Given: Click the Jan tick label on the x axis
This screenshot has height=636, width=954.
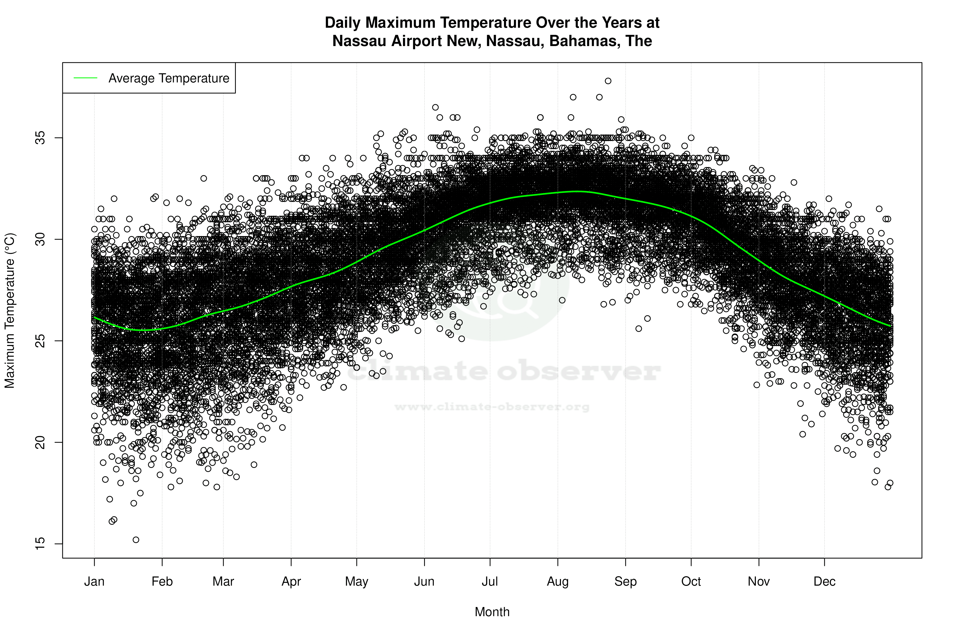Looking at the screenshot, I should coord(94,582).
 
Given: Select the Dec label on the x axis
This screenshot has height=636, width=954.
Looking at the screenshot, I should coord(824,582).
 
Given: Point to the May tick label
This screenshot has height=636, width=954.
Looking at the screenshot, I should coord(356,582).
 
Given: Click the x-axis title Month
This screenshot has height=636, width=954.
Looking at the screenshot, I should coord(492,612).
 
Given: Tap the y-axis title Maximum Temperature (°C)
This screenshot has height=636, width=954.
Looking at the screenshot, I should coord(10,310).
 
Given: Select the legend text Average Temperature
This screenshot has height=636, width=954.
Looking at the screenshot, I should coord(169,78).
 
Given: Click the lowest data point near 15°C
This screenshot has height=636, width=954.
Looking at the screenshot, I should coord(136,540).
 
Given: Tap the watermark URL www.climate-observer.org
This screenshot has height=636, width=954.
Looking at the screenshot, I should coord(492,407).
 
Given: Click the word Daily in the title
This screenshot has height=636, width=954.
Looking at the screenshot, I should coord(343,23).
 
